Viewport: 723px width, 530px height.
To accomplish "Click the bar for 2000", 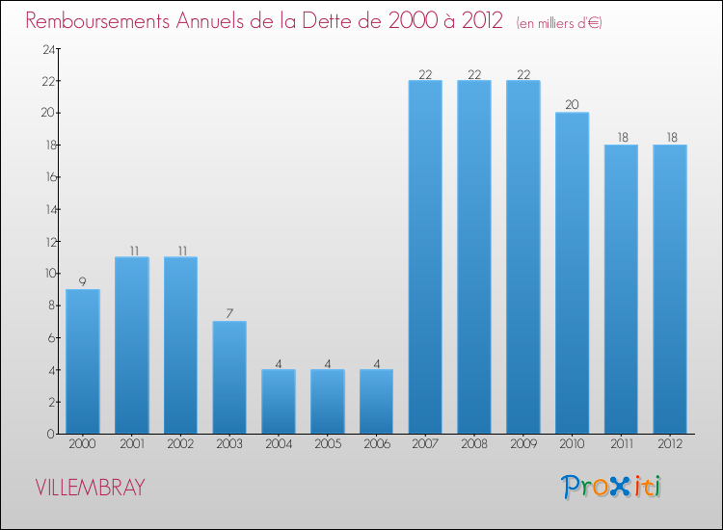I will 83,361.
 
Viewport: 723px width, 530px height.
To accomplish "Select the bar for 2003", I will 229,378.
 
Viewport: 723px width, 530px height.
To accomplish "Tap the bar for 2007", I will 425,257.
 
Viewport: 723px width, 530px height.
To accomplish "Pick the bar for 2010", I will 572,273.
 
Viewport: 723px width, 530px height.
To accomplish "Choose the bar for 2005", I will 327,402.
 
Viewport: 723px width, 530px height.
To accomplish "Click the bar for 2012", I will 670,289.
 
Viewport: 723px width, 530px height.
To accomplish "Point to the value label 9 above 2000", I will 83,282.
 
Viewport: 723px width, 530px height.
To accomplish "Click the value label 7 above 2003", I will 229,314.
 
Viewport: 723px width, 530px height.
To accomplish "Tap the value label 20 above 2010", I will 572,105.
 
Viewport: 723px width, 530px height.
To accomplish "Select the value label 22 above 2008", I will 474,73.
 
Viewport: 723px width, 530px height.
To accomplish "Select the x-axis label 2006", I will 376,446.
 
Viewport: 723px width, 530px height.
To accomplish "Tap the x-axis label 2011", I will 621,446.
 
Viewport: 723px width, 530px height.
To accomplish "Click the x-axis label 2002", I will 180,446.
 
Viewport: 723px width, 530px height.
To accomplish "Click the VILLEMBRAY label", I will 90,488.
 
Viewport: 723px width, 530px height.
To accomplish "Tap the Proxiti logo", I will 611,487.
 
